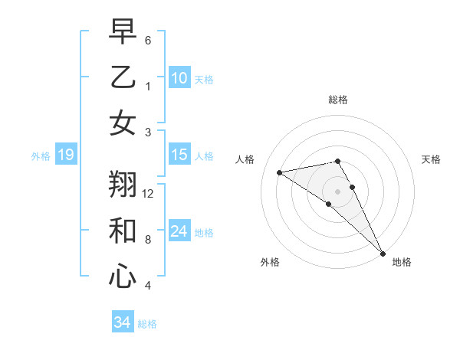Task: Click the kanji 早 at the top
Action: click(x=123, y=34)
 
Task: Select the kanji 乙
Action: click(x=123, y=77)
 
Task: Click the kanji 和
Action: click(x=123, y=231)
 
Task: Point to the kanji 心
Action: click(x=123, y=275)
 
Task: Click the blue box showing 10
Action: click(x=179, y=77)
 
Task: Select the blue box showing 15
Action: click(x=179, y=155)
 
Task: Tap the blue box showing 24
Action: click(x=179, y=231)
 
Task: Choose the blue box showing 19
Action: click(x=65, y=155)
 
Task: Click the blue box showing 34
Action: click(x=122, y=322)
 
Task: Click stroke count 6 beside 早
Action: click(x=148, y=40)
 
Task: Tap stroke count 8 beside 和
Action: click(x=148, y=240)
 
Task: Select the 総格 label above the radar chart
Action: click(x=337, y=100)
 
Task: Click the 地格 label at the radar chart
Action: click(x=402, y=262)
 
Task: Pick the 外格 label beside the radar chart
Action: click(x=270, y=262)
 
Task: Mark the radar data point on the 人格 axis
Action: click(x=280, y=172)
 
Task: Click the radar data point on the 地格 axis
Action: click(x=383, y=253)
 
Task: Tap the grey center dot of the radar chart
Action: click(x=337, y=191)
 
